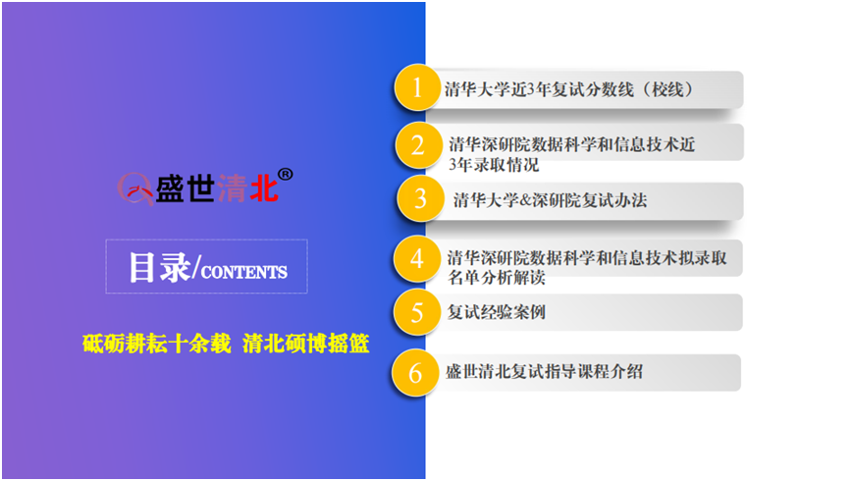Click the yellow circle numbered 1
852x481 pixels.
click(417, 87)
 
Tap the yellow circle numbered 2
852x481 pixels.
click(418, 145)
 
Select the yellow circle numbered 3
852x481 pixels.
click(420, 198)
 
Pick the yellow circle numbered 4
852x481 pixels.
click(417, 259)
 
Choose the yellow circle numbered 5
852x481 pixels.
click(417, 312)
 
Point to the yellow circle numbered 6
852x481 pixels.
click(415, 373)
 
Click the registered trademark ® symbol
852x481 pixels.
click(286, 175)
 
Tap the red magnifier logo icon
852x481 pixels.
click(135, 188)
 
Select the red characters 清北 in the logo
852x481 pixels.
click(247, 189)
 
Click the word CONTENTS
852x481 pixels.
click(244, 272)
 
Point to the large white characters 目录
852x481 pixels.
click(160, 267)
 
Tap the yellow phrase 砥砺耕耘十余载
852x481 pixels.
click(156, 344)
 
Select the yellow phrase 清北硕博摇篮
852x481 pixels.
click(306, 344)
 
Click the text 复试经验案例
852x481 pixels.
click(496, 312)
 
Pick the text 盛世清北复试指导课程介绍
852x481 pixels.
click(545, 372)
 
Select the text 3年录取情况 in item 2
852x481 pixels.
click(494, 164)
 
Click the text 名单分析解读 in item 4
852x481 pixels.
click(497, 278)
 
